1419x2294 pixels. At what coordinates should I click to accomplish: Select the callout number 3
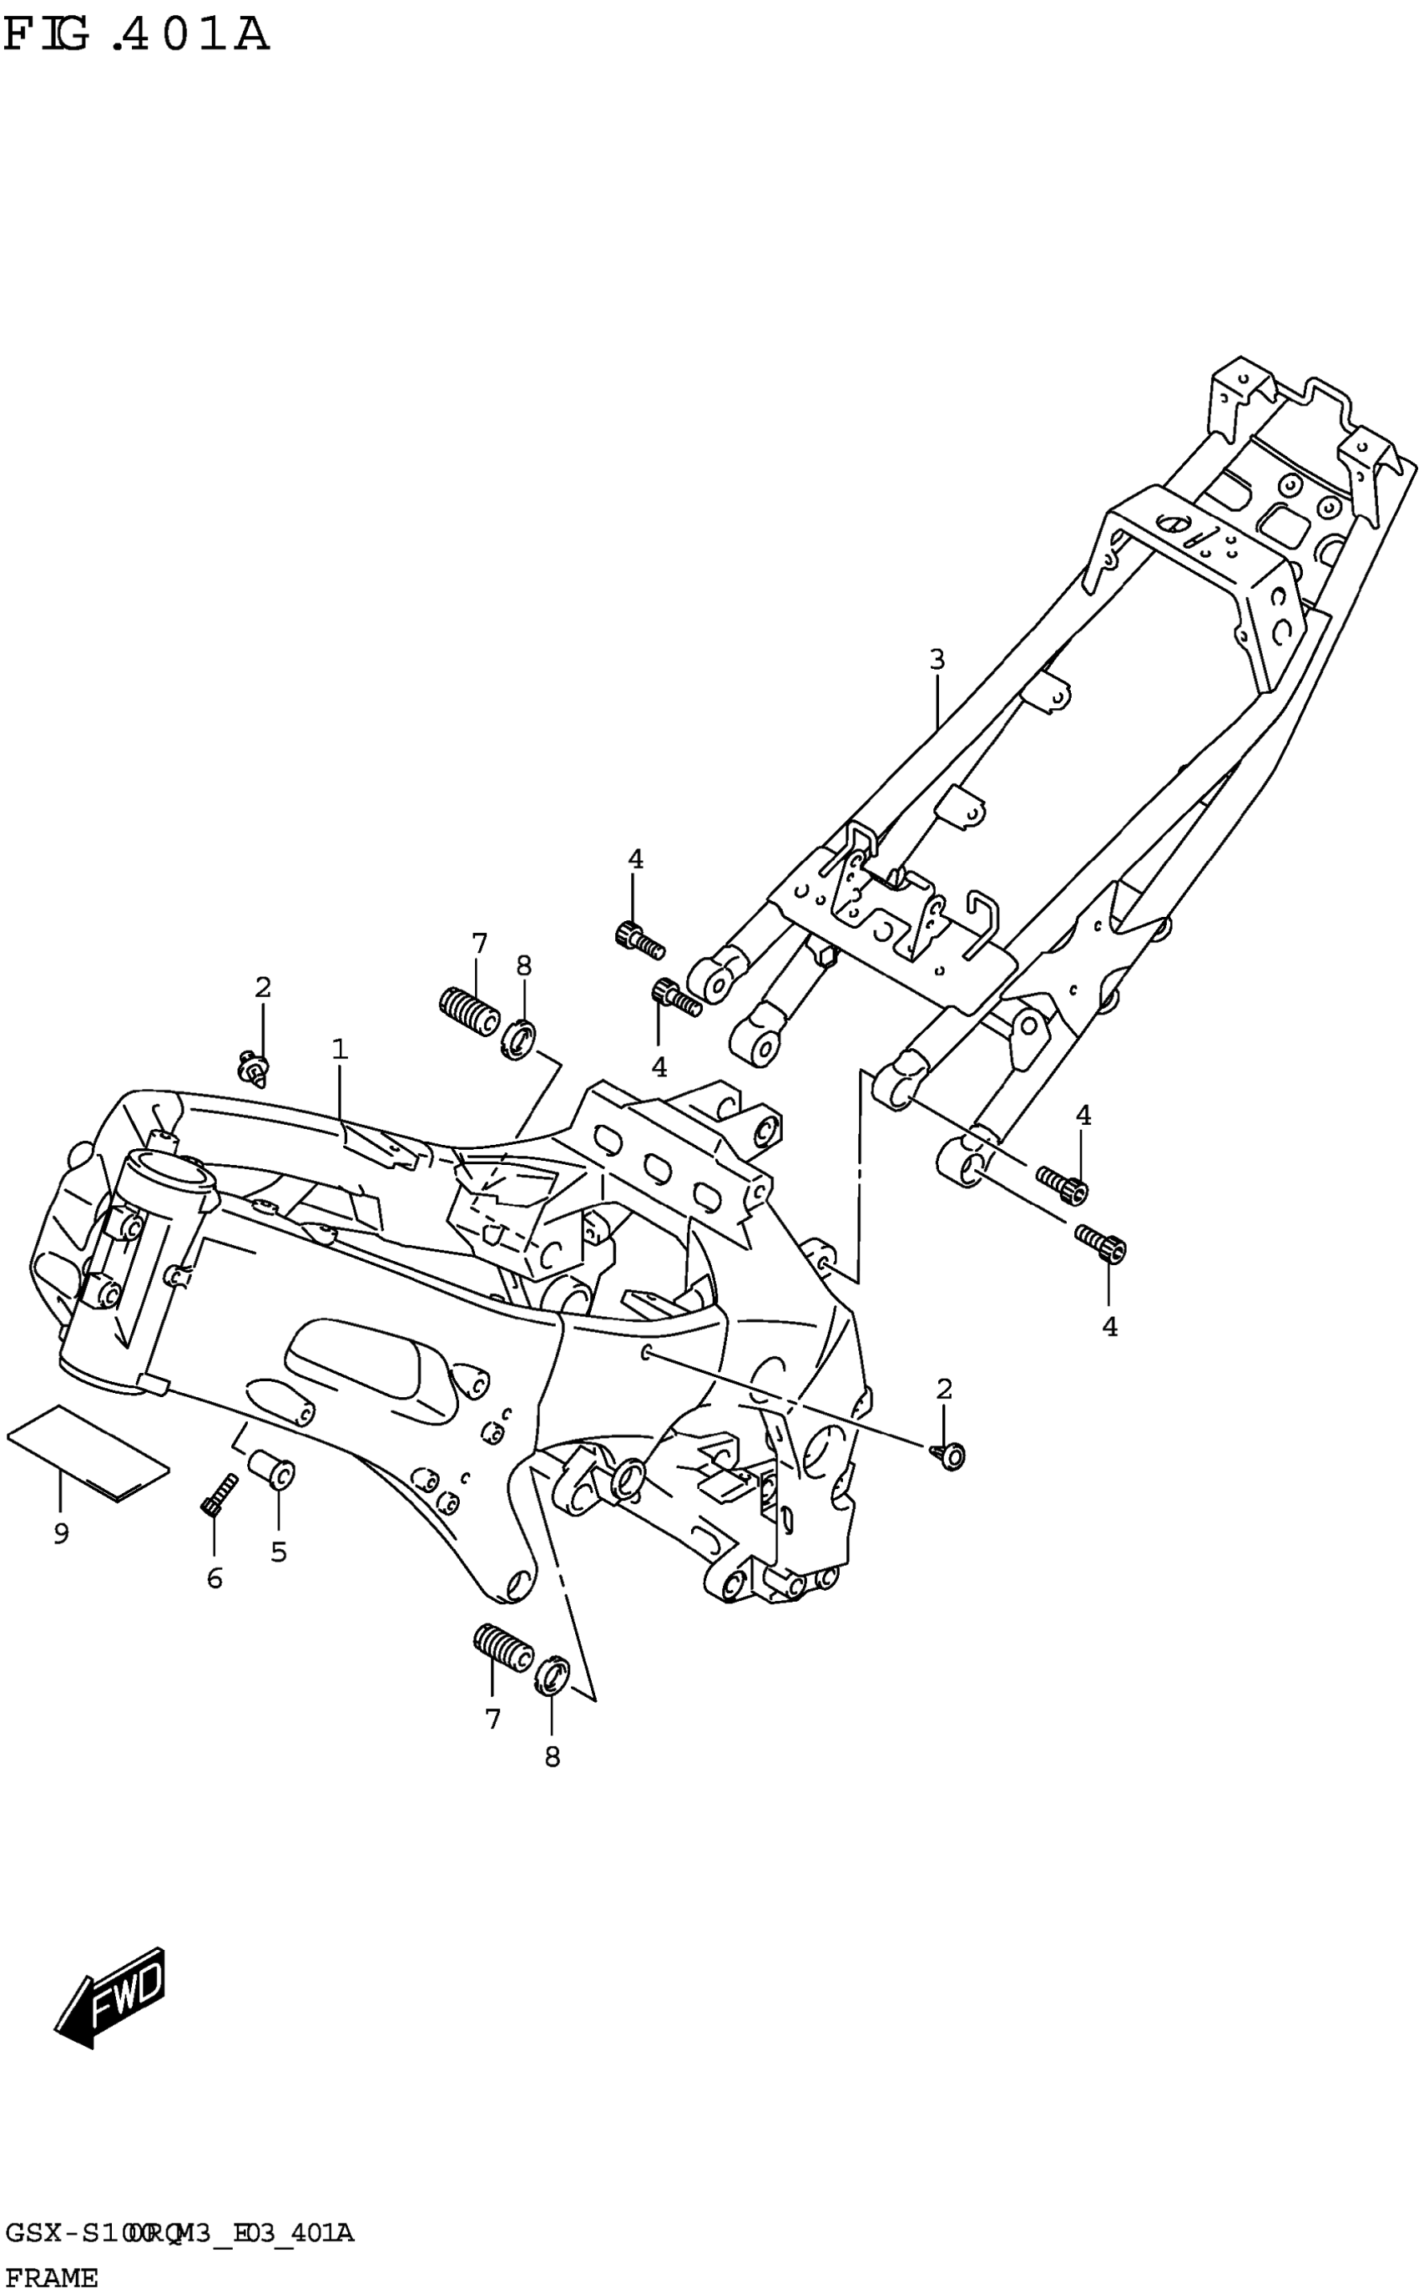pyautogui.click(x=937, y=660)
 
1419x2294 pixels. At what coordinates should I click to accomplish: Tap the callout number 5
pyautogui.click(x=279, y=1552)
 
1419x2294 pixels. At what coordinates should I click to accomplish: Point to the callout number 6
pyautogui.click(x=215, y=1579)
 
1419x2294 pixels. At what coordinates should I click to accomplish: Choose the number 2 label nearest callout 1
pyautogui.click(x=263, y=987)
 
